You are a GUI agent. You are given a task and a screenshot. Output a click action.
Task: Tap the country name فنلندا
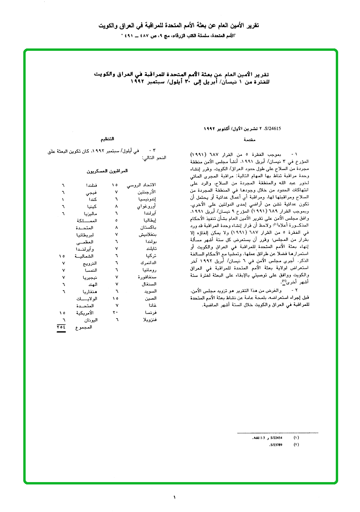coord(91,184)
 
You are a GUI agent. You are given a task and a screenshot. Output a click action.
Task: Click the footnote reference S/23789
coord(276,445)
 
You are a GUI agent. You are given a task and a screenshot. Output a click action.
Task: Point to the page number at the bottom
coord(175,497)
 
